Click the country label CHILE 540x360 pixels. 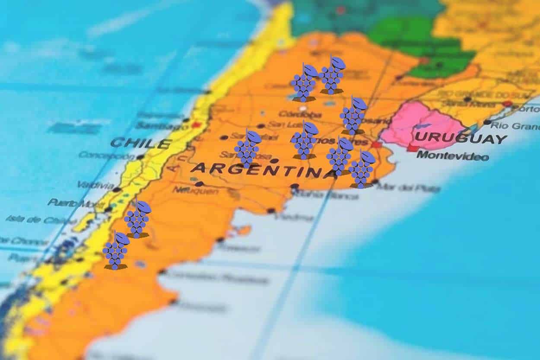pos(140,143)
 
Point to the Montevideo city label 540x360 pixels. pos(452,156)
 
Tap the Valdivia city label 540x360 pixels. pos(95,185)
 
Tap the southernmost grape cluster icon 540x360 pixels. pos(115,251)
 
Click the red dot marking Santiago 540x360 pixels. pos(197,124)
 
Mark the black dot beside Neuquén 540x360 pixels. pos(199,184)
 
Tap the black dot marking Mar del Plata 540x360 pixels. pos(375,182)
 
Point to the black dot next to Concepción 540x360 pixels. pos(140,157)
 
